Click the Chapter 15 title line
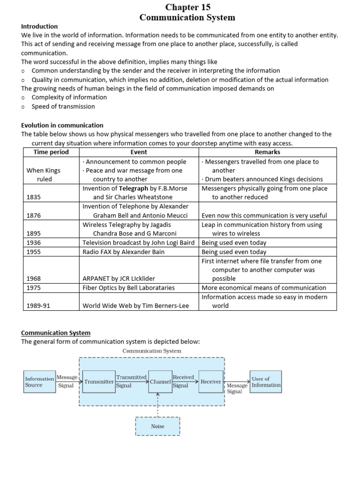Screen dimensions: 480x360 (187, 7)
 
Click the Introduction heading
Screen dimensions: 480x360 (39, 26)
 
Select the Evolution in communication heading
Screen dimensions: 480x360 (62, 125)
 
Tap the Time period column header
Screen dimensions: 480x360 (51, 152)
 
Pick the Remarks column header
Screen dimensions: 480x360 (267, 152)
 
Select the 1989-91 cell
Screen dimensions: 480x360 (38, 306)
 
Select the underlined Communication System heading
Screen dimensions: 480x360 (56, 333)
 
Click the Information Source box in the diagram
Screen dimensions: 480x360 (39, 382)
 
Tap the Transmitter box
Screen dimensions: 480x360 (99, 382)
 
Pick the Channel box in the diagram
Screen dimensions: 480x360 (160, 382)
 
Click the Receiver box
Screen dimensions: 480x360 (210, 382)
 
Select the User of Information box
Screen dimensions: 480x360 (266, 382)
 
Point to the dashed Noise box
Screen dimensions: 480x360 (157, 426)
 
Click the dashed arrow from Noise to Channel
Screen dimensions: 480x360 (158, 405)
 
